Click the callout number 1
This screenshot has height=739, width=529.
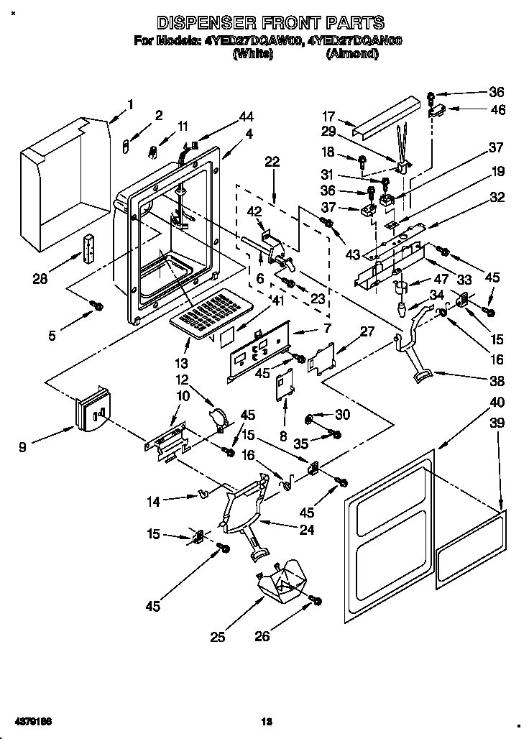[x=130, y=104]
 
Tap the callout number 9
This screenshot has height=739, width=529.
[x=24, y=447]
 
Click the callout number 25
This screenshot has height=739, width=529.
[x=218, y=635]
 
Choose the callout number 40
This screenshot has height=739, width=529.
[x=497, y=402]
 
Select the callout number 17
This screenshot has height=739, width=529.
[x=328, y=114]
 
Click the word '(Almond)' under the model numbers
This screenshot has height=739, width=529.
[x=351, y=54]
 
